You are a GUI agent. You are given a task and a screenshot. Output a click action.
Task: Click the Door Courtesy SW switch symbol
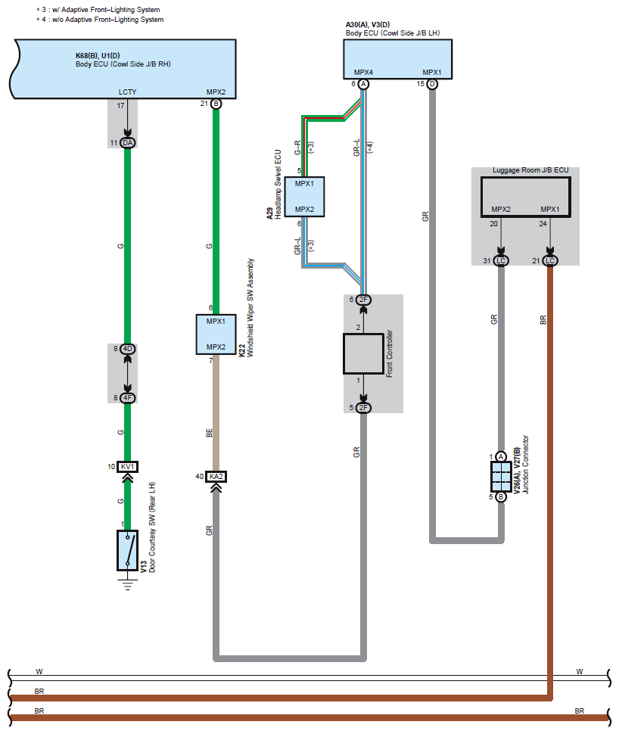tap(127, 550)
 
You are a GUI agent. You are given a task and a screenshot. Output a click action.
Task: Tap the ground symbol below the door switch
tap(127, 584)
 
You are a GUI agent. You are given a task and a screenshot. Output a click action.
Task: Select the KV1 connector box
tap(127, 467)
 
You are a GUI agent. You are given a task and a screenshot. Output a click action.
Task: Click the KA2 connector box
tap(216, 477)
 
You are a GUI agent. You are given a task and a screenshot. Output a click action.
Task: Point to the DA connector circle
tap(127, 143)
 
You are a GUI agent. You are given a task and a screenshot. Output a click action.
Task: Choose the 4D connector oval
tap(127, 349)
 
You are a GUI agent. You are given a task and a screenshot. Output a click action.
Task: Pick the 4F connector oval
tap(127, 398)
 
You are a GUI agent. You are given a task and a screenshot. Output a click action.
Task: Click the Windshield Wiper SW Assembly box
tap(216, 334)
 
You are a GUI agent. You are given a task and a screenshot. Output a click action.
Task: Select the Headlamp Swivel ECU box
tap(304, 197)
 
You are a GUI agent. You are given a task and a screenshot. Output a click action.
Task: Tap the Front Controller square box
tap(363, 353)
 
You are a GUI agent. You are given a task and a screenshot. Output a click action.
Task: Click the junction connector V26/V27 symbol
tap(501, 477)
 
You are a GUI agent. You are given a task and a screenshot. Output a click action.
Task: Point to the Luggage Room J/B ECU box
tap(525, 197)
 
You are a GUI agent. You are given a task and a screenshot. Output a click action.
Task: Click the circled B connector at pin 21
tap(216, 104)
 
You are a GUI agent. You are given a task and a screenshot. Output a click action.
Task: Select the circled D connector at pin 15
tap(432, 84)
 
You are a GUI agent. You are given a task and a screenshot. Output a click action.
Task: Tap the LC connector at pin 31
tap(501, 261)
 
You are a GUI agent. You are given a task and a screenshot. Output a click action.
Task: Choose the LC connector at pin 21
tap(550, 261)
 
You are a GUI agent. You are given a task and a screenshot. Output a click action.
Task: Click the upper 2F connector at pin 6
tap(363, 300)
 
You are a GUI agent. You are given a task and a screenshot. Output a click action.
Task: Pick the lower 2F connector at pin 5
tap(363, 408)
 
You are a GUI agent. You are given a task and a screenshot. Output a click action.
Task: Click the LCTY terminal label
tap(127, 92)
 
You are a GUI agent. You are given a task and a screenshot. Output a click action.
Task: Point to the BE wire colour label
tap(210, 433)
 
